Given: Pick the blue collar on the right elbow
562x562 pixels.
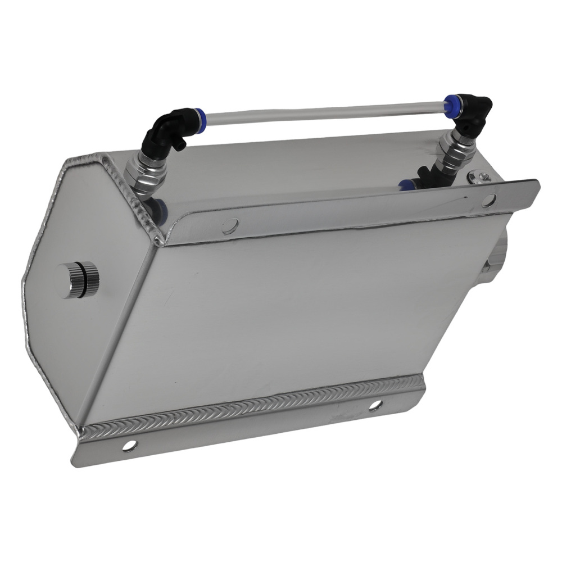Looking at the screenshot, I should [450, 104].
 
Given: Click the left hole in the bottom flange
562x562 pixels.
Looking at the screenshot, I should [130, 446].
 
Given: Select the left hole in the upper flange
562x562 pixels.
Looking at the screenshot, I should [230, 225].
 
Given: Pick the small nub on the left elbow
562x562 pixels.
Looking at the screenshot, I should [181, 145].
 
